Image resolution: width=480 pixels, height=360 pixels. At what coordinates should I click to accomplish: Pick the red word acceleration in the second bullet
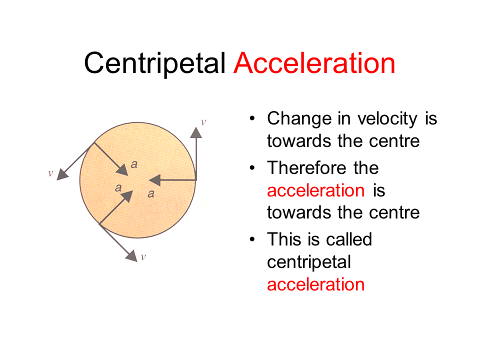pos(315,190)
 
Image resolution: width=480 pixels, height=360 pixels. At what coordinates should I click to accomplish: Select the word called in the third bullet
pos(348,239)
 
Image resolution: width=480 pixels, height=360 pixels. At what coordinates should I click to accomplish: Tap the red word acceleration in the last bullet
pos(315,284)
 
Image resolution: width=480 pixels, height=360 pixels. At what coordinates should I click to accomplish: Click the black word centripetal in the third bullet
pos(308,262)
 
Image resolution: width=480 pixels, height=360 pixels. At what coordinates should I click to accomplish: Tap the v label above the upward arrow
pos(203,121)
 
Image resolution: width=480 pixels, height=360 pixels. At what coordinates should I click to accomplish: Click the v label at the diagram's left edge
pos(50,173)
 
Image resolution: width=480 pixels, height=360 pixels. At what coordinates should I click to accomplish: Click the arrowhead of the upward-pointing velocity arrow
pos(196,132)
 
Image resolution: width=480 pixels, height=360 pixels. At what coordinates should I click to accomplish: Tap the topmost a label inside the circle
pos(133,163)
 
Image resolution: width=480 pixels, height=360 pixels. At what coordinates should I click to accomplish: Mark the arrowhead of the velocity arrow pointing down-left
pos(62,174)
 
